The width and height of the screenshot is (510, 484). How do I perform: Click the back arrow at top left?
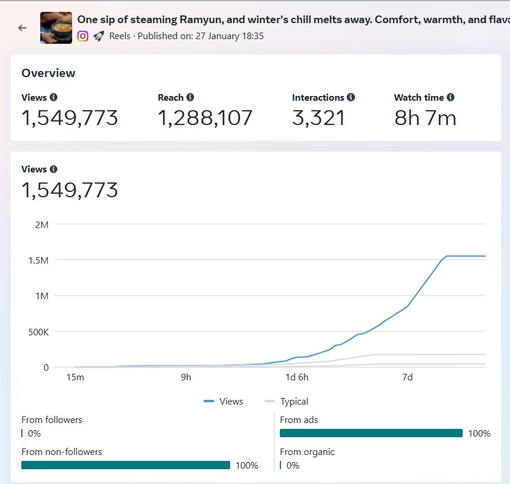22,28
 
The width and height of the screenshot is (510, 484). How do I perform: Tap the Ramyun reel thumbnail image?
56,28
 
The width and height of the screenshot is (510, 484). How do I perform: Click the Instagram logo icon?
83,36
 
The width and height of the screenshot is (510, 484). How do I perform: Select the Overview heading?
49,73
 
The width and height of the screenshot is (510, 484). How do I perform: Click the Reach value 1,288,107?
205,118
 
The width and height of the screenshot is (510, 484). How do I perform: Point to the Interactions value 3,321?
318,118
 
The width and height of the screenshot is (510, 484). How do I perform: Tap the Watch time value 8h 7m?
425,118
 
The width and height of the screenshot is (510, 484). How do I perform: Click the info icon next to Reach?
190,97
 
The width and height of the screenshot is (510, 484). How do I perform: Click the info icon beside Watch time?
451,97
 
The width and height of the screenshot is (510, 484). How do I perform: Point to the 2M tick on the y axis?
42,225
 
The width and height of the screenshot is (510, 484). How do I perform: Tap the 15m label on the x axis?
75,377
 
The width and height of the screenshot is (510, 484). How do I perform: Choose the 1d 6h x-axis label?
296,377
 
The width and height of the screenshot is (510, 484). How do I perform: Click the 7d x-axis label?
407,377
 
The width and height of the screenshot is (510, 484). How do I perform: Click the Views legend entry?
224,402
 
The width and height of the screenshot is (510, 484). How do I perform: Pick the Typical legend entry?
287,402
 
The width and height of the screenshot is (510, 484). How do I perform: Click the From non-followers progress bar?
125,465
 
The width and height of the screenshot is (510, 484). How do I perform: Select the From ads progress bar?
372,433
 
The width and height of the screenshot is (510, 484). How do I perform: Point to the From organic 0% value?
293,466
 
